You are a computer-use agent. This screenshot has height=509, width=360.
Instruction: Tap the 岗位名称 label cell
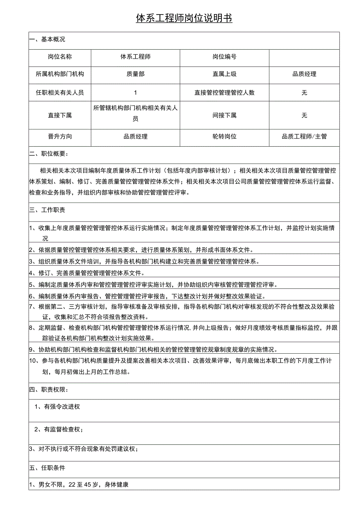pos(59,57)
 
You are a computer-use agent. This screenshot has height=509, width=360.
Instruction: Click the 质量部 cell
pos(135,74)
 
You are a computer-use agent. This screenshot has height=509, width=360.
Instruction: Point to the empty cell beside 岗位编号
pos(304,57)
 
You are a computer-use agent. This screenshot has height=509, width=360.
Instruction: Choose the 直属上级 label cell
pos(224,74)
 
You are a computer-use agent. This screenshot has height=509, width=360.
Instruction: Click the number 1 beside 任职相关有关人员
pos(135,93)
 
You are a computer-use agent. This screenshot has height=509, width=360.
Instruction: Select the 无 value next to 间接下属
pos(304,115)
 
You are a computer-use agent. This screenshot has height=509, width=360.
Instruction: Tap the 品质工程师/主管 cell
pos(304,137)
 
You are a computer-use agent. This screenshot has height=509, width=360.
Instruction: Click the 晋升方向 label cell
pos(59,137)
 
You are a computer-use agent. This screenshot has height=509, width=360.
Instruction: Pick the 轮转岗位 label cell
pos(224,137)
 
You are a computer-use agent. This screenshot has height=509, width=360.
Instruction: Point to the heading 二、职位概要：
pos(49,154)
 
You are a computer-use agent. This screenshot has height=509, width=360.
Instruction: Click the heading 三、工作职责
pos(47,210)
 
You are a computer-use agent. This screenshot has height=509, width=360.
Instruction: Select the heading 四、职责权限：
pos(49,390)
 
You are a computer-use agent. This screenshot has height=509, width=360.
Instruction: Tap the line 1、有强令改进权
pos(57,407)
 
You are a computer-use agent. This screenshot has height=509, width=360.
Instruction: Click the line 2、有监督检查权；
pos(59,430)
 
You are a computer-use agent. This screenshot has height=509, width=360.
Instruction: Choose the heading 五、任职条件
pos(47,468)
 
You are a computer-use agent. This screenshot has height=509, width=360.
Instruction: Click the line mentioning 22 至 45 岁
pos(79,485)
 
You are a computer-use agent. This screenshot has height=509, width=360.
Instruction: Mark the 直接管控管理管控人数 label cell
pos(224,93)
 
